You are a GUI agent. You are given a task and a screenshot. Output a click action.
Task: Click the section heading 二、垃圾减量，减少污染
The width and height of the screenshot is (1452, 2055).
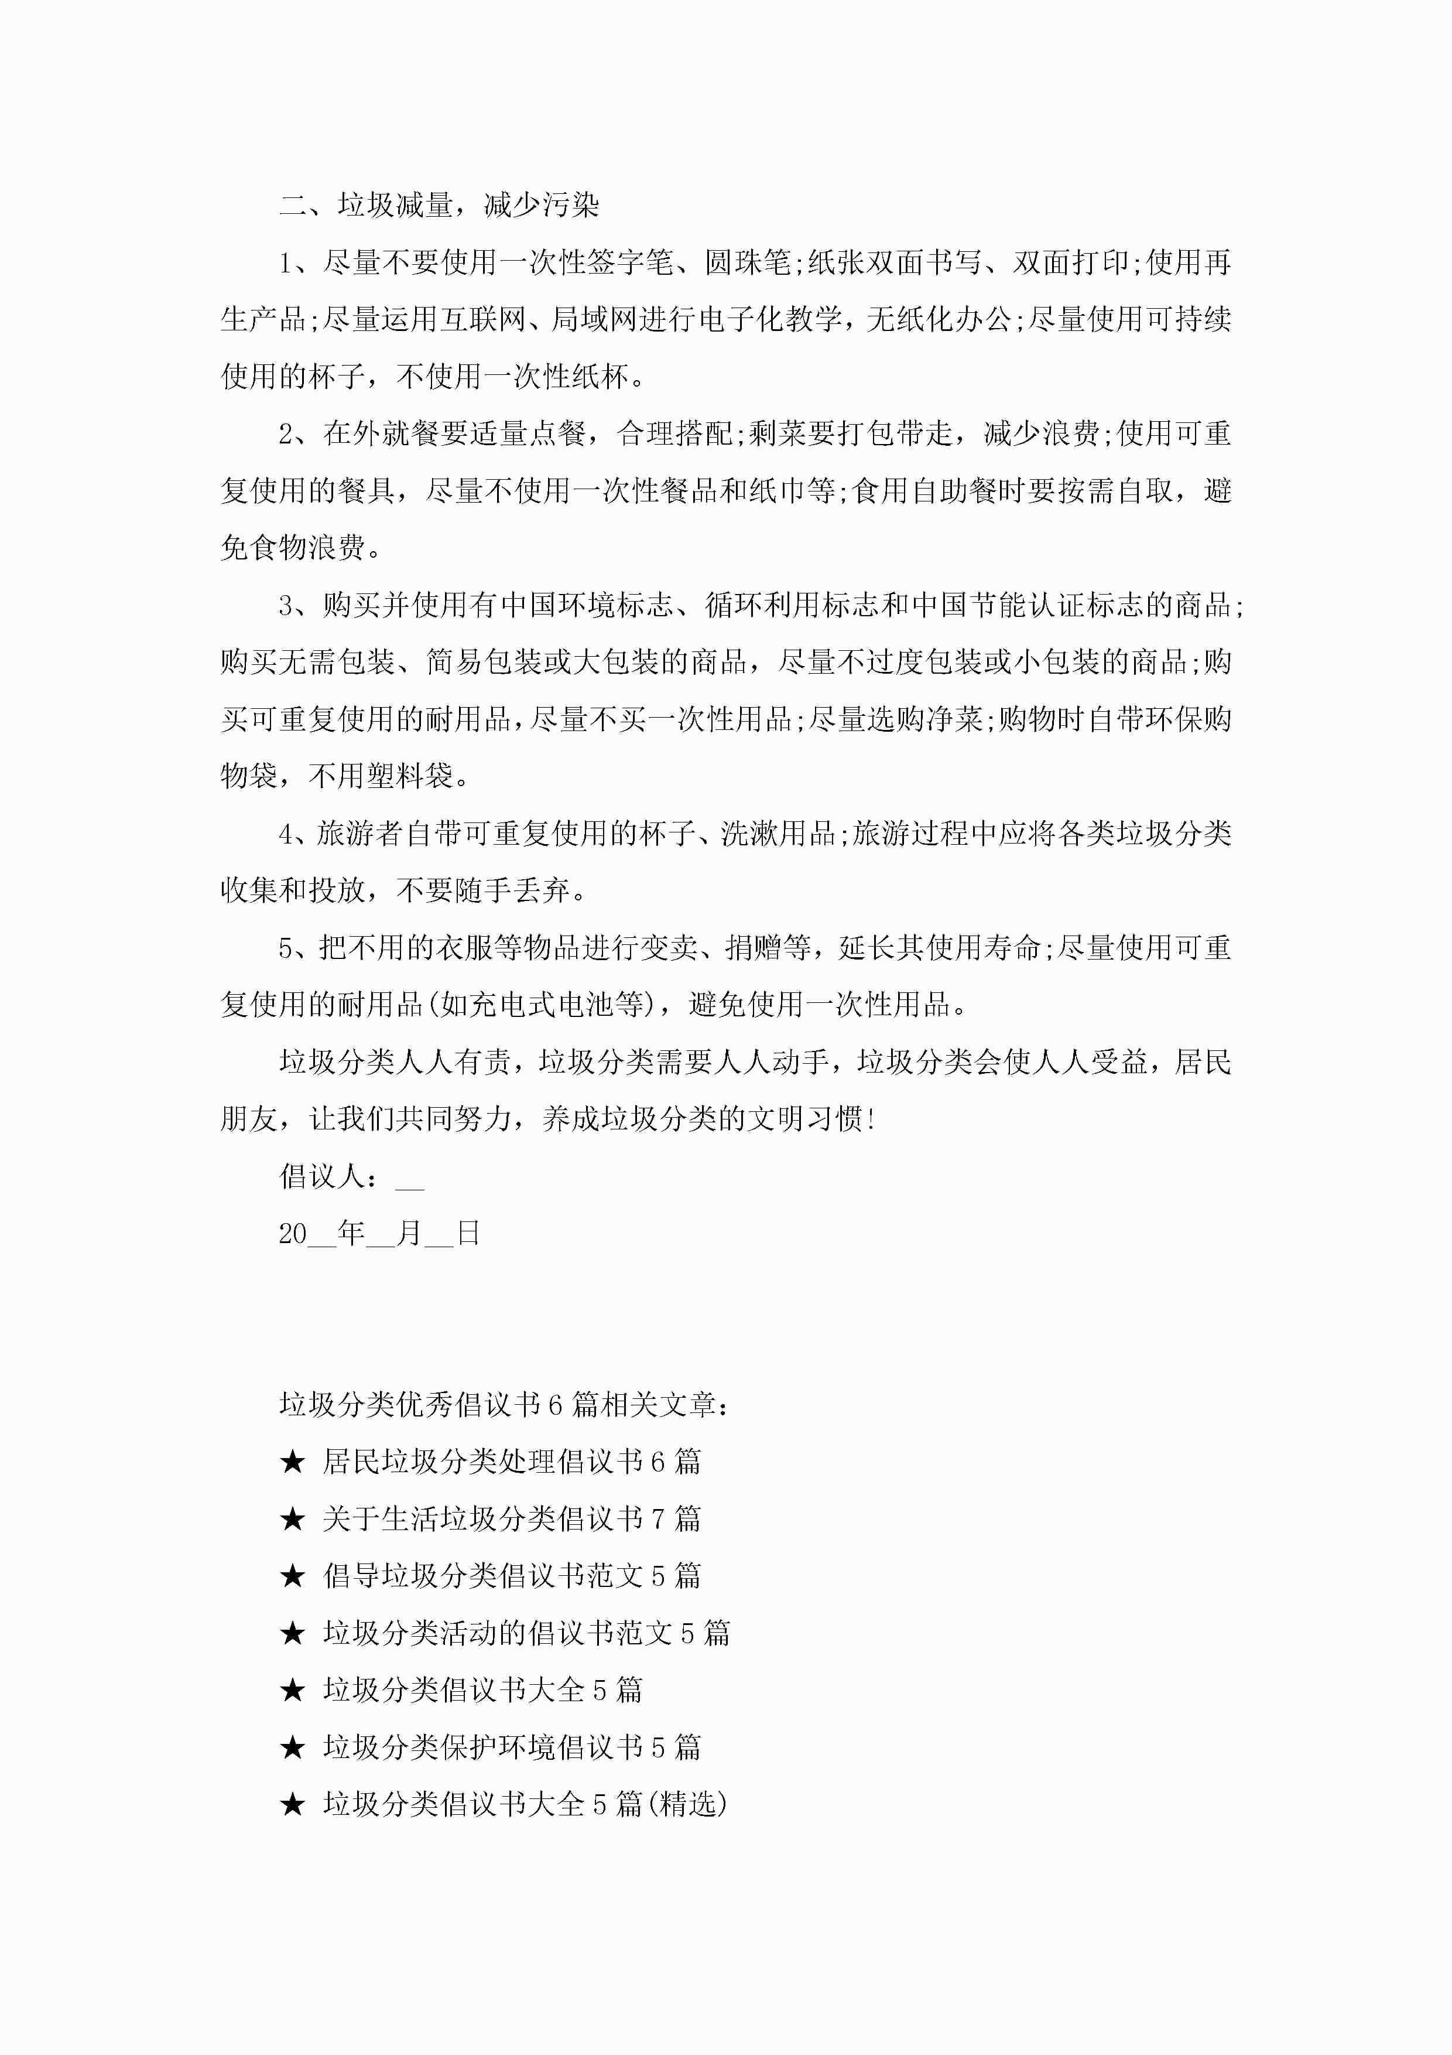coord(439,206)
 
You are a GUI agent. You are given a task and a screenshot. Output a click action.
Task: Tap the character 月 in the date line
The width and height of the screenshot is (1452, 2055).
coord(409,1234)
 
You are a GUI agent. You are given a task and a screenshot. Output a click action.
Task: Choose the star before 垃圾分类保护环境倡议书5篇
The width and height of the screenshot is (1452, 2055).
coord(293,1748)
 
